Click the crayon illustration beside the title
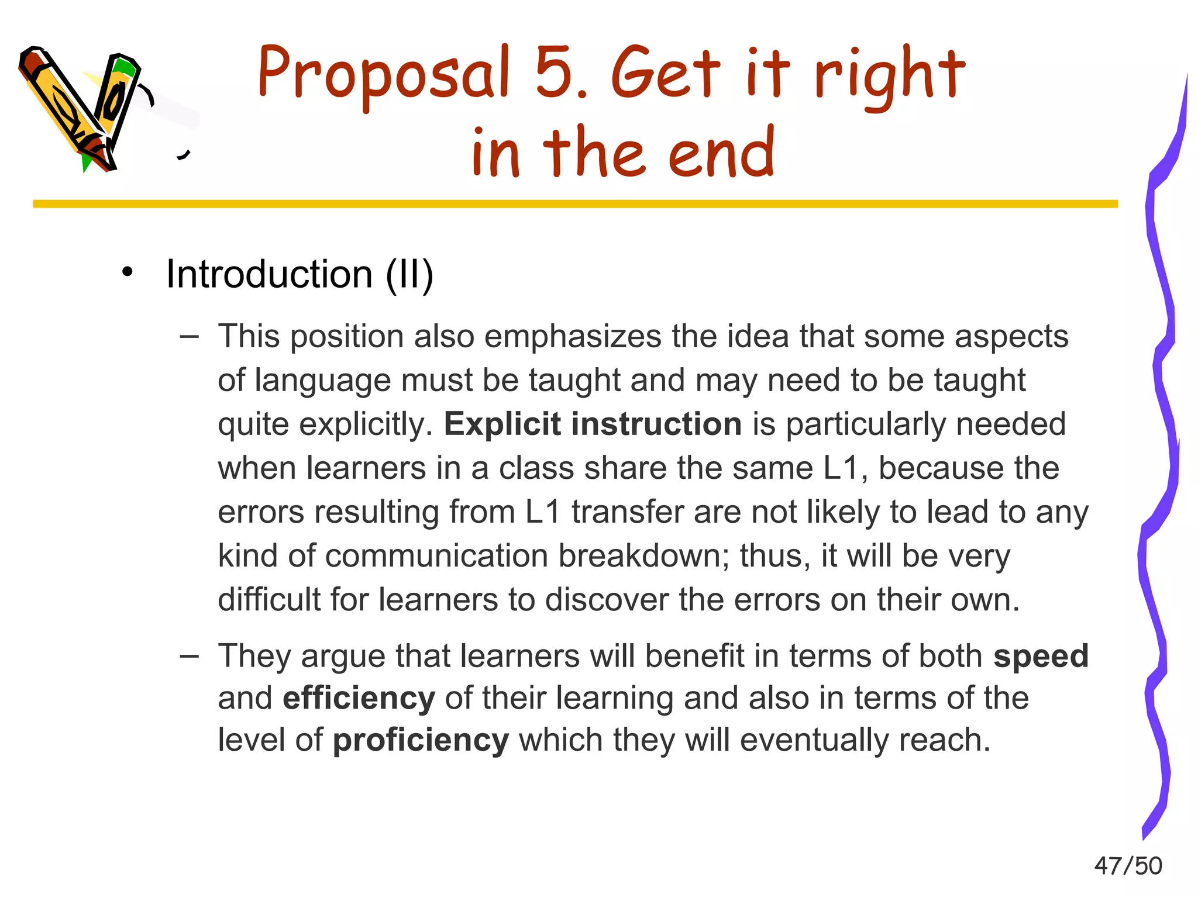click(82, 108)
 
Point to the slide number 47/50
click(1128, 866)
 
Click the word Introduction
click(269, 274)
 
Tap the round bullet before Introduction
click(128, 272)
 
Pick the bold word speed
click(1041, 656)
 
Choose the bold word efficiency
click(359, 698)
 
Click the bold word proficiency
click(421, 740)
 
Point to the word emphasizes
click(573, 337)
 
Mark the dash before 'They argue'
click(190, 656)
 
